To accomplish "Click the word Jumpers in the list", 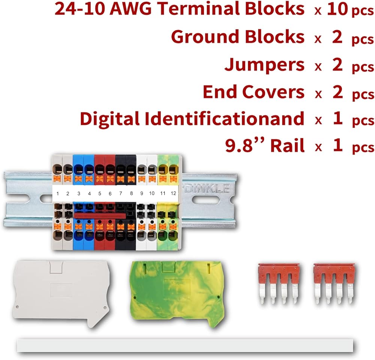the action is [264, 65].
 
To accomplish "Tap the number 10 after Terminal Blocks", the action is [337, 9].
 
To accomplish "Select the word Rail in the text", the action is [288, 145].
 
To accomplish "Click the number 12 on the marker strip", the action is [173, 193].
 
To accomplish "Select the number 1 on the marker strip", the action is [58, 193].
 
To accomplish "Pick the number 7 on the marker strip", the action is [121, 193].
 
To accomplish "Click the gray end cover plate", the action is [61, 294].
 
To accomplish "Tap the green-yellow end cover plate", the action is [177, 294].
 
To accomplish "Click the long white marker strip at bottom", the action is [185, 345].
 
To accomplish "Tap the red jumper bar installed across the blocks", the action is [100, 216].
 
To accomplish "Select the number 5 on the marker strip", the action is [100, 193].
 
